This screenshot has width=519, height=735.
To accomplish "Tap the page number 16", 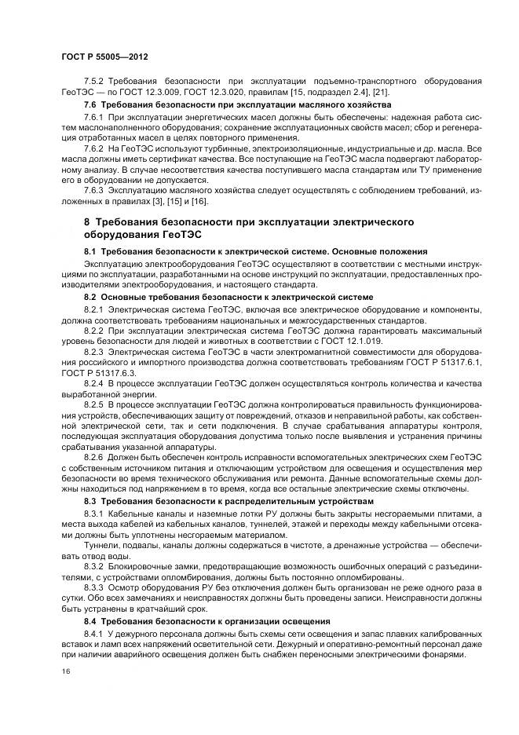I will [x=64, y=673].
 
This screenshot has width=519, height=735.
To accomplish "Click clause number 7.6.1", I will [x=93, y=116].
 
